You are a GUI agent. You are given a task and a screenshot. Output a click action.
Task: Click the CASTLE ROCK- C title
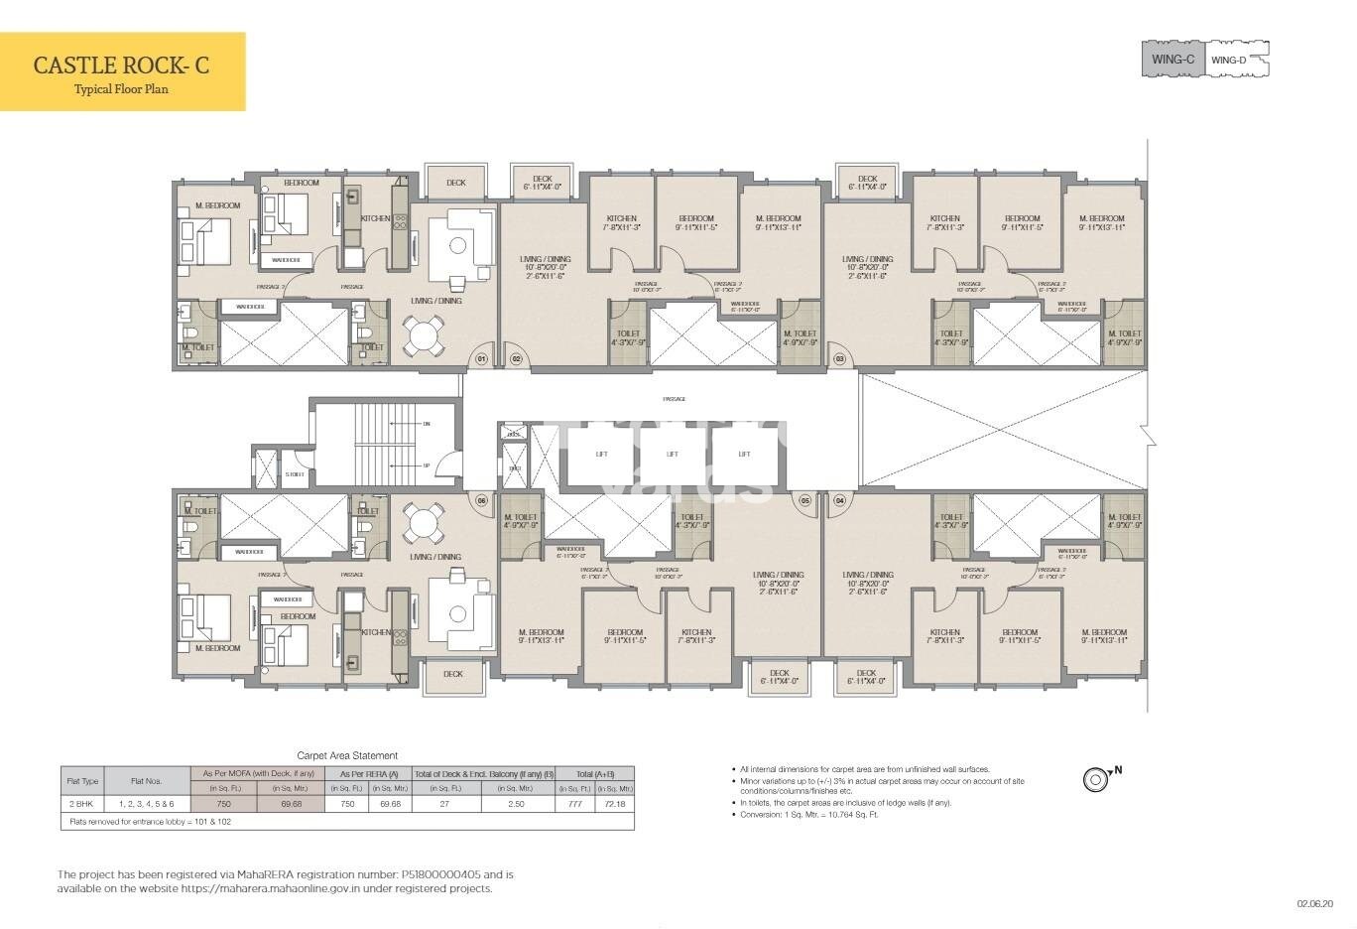[x=121, y=66]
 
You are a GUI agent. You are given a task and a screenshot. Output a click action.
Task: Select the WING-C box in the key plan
[x=1172, y=60]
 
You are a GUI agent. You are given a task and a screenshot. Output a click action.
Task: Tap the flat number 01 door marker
[x=481, y=358]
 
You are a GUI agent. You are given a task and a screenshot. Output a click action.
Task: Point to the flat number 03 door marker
[x=839, y=358]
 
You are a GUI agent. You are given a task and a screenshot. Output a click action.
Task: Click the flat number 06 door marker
[x=481, y=501]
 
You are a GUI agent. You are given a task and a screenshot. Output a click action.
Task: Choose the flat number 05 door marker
[x=804, y=501]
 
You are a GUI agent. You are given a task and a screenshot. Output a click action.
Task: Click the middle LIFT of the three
[x=673, y=454]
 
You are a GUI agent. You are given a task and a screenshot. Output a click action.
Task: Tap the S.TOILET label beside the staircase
[x=295, y=474]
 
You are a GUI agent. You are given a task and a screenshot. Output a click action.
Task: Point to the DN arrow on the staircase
[x=426, y=423]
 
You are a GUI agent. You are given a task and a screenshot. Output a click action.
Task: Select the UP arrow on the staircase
[x=426, y=465]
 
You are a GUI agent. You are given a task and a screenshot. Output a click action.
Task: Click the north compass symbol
[x=1095, y=779]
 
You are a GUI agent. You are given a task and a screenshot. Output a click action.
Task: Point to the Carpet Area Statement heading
[x=347, y=755]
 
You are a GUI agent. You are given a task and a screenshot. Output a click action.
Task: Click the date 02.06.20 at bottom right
[x=1314, y=904]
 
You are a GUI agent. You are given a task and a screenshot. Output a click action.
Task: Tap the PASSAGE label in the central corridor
[x=674, y=399]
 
